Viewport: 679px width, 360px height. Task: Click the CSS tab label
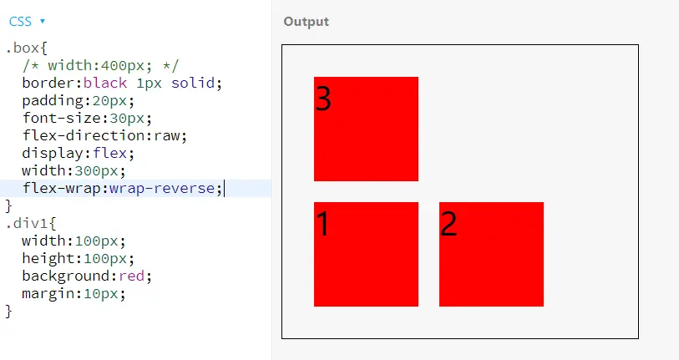[x=21, y=21]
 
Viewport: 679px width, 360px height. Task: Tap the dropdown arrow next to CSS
[x=43, y=21]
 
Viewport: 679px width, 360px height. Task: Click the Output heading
[x=306, y=22]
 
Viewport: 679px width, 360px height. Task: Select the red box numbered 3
[x=366, y=129]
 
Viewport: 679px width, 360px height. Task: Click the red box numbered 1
[x=366, y=254]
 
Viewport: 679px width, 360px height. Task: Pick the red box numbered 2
[x=491, y=254]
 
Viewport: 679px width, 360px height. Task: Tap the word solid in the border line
[x=196, y=83]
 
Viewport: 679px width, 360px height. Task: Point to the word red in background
[x=132, y=276]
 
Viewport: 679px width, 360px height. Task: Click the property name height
[x=48, y=258]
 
